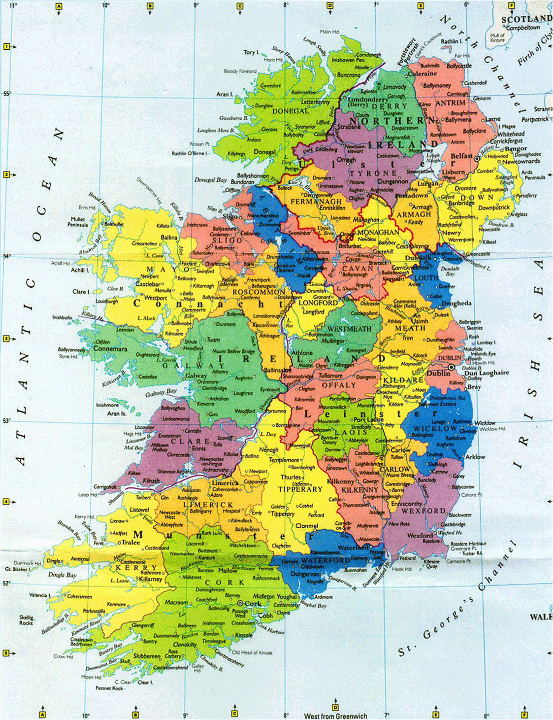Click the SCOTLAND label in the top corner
coord(526,19)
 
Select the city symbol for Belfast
coord(477,157)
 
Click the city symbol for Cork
coord(240,603)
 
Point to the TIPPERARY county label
coord(301,489)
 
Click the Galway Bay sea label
coord(161,393)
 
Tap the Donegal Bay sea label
coord(210,180)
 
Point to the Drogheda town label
coord(456,304)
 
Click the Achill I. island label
coord(80,270)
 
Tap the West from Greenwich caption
coord(335,716)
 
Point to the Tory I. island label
coord(250,52)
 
